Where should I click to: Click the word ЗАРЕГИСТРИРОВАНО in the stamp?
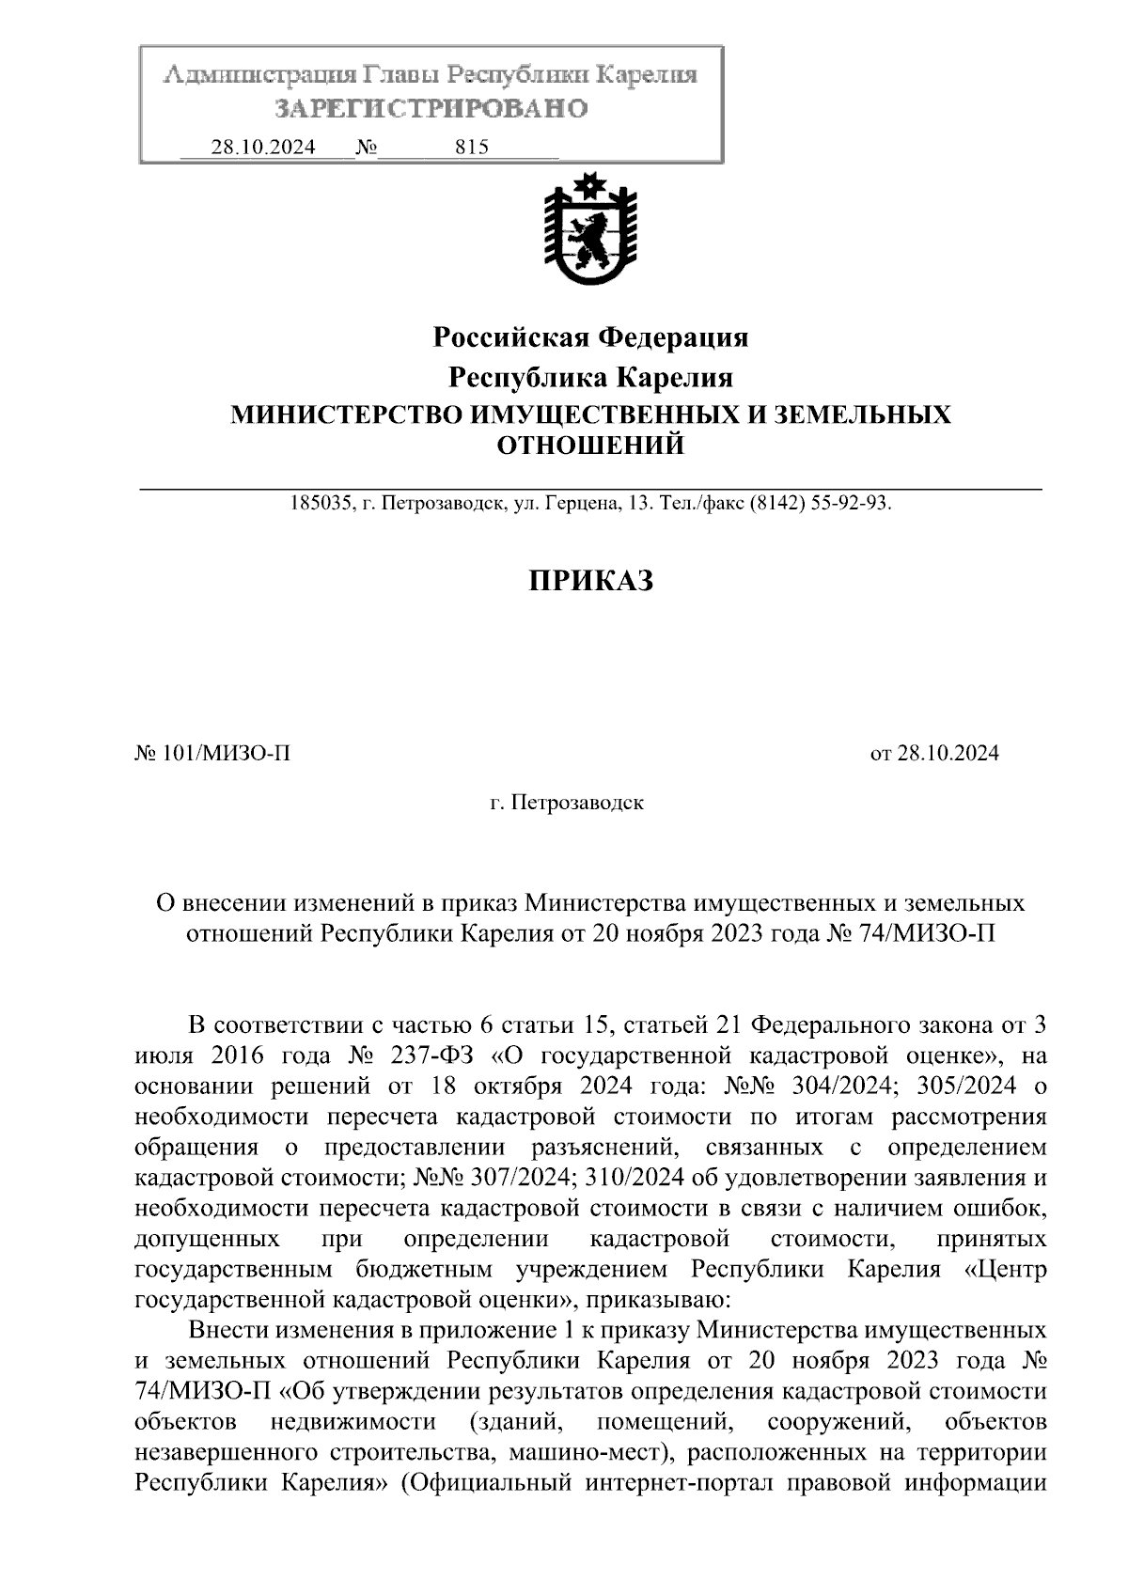coord(431,109)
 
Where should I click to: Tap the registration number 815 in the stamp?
coord(471,148)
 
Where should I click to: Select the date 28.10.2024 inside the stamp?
coord(263,148)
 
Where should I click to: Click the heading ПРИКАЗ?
coord(589,581)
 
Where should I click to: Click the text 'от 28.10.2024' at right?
coord(934,753)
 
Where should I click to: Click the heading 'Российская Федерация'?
coord(589,336)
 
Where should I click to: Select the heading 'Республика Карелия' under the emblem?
coord(589,378)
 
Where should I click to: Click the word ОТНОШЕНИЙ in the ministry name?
coord(589,446)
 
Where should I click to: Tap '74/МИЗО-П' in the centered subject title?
coord(927,934)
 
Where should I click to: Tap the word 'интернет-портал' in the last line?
coord(678,1484)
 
